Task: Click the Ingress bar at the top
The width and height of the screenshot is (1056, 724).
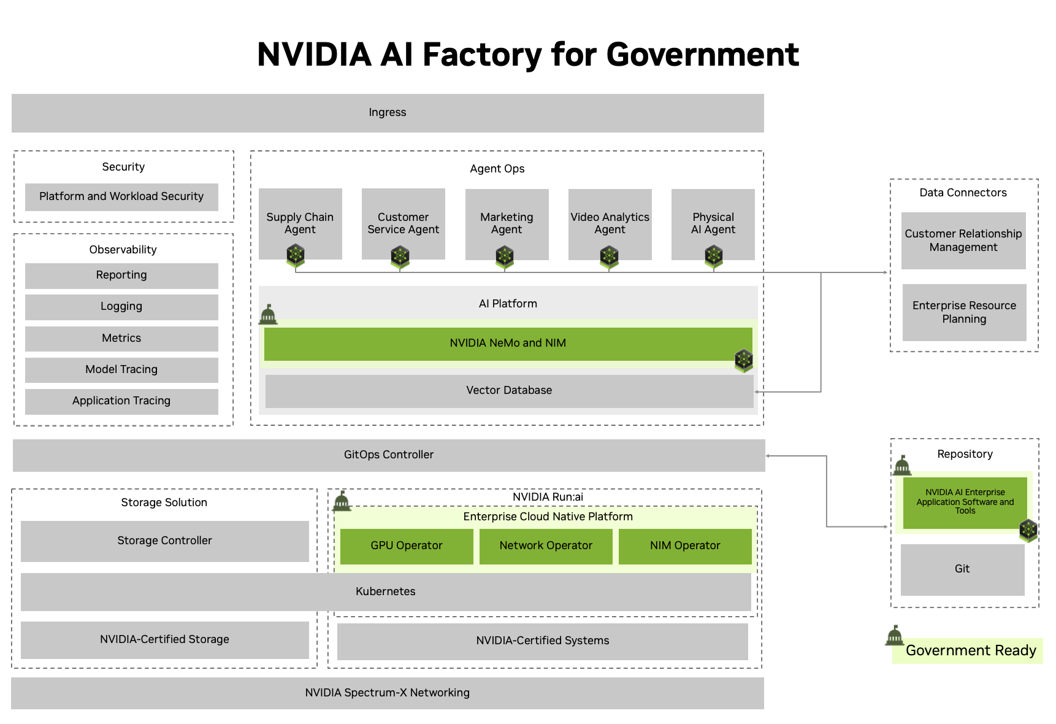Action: coord(388,113)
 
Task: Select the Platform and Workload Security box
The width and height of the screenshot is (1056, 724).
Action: coord(121,197)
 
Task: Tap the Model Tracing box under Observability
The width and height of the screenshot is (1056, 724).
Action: coord(121,370)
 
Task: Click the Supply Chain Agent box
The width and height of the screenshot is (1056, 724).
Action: coord(300,218)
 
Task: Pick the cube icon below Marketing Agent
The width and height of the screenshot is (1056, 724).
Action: coord(505,256)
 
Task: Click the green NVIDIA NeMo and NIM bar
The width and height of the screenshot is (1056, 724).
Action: coord(508,344)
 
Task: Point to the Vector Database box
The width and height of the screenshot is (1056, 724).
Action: coord(509,391)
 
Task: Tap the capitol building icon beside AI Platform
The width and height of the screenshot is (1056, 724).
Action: coord(268,315)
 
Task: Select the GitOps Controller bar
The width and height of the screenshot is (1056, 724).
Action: coord(388,455)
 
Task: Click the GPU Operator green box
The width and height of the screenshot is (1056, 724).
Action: coord(407,546)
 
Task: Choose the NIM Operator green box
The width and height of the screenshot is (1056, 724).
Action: coord(685,546)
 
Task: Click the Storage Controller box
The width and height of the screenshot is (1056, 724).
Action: coord(164,541)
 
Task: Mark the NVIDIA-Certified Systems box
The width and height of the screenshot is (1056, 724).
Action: coord(543,641)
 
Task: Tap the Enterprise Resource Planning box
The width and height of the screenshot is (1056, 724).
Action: coord(964,312)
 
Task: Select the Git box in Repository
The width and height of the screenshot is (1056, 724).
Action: coord(962,569)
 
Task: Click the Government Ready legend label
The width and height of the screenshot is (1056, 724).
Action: coord(971,651)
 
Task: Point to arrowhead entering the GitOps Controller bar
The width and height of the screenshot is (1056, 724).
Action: coord(768,456)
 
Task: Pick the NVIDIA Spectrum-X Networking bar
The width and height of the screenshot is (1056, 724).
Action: coord(388,693)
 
